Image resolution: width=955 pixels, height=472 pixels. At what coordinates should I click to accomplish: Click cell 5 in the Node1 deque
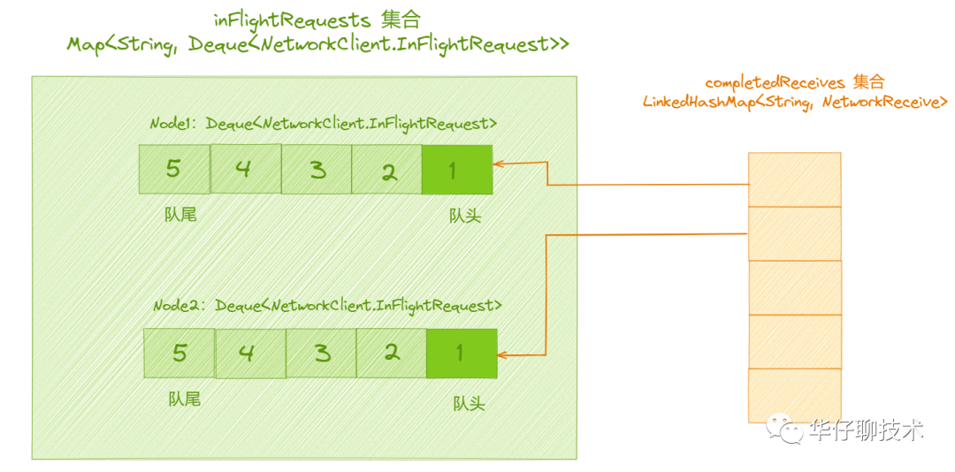tap(174, 170)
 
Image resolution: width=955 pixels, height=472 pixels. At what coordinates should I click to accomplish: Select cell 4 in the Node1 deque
tap(246, 169)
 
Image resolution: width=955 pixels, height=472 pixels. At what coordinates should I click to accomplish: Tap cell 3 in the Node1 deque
tap(317, 170)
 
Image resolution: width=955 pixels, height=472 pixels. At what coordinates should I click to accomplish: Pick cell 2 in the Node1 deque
tap(386, 170)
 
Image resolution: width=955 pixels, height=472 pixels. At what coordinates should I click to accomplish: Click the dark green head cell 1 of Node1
tap(457, 170)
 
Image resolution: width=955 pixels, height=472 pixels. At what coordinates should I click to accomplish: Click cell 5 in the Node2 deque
tap(179, 354)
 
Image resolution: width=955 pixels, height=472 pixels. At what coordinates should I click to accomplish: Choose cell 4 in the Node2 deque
tap(250, 354)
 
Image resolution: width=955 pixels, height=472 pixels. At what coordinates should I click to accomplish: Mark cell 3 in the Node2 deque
tap(321, 354)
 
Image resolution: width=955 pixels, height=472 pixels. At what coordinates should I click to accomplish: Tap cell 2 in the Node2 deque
tap(392, 354)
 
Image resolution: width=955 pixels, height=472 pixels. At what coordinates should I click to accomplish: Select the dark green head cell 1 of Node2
tap(462, 354)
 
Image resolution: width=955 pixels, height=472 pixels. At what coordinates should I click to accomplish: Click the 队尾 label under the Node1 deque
tap(181, 214)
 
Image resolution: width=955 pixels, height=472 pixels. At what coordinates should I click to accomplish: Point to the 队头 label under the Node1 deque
tap(465, 215)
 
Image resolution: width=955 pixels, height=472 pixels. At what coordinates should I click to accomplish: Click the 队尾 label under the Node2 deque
tap(185, 399)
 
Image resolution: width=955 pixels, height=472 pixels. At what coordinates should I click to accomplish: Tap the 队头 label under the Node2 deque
tap(469, 402)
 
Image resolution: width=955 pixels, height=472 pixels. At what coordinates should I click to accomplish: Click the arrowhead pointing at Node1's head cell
tap(497, 164)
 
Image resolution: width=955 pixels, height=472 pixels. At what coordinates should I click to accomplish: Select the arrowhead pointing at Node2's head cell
tap(502, 354)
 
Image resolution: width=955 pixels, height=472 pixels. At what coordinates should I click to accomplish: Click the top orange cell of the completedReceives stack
tap(794, 179)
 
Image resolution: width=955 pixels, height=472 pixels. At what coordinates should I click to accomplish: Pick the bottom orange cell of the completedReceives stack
tap(794, 395)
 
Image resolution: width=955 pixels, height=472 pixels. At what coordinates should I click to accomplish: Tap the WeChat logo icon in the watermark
tap(786, 430)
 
